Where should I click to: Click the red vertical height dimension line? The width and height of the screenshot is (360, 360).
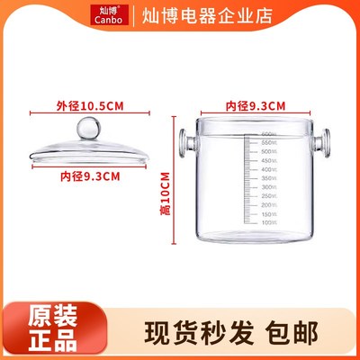click(x=174, y=180)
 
